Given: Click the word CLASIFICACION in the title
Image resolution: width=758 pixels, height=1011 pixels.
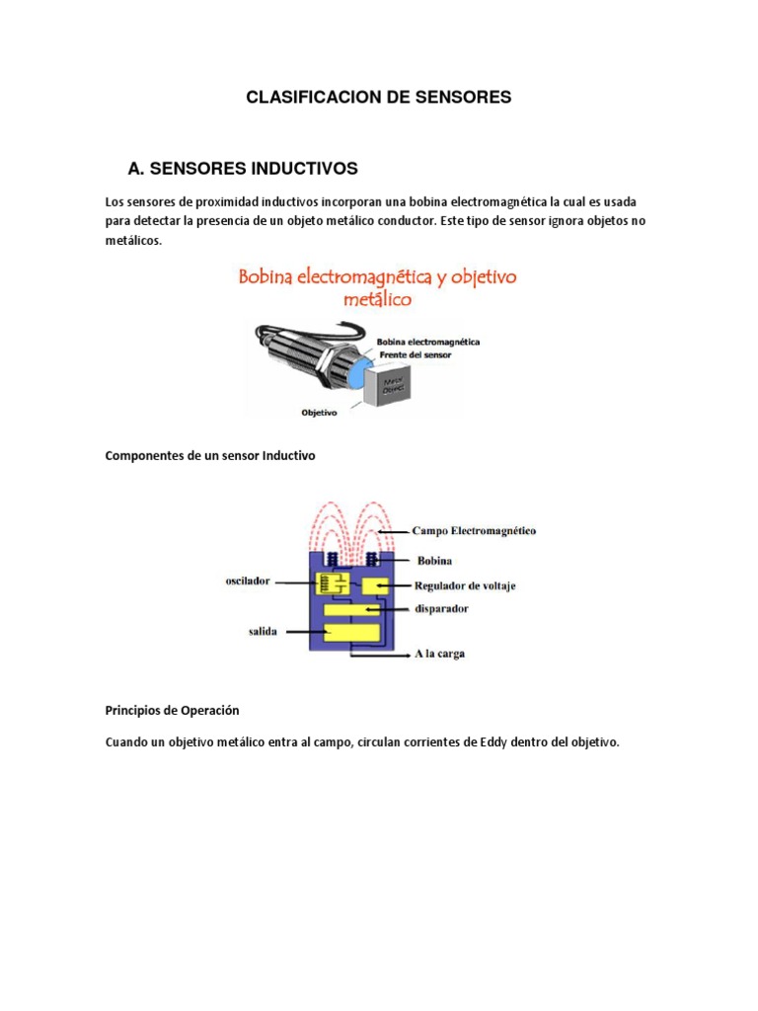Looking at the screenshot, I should [302, 97].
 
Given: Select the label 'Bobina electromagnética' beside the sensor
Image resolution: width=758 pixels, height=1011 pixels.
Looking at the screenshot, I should [428, 341].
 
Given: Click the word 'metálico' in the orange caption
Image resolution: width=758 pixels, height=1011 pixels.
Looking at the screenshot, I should [378, 298].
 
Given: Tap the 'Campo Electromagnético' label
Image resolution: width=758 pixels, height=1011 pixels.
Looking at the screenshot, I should [474, 531].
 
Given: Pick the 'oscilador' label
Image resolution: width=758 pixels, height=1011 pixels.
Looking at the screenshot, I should [248, 582].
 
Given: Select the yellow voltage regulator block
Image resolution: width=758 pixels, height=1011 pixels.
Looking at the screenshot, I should [376, 586].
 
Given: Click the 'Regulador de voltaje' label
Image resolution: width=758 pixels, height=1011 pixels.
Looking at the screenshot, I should [464, 585].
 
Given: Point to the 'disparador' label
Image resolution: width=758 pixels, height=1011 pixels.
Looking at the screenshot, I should [440, 609].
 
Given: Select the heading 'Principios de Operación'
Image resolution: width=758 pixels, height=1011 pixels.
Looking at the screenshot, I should [172, 710].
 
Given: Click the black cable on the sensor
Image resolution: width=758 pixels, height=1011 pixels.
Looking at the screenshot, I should [267, 336].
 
